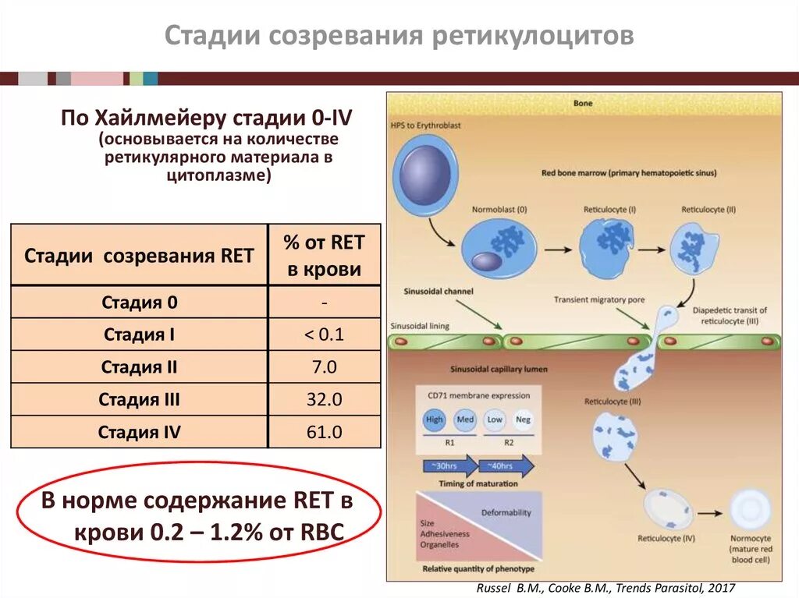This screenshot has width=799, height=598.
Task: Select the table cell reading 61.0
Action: click(324, 432)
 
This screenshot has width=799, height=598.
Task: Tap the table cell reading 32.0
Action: click(324, 400)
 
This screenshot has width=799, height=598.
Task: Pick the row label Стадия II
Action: click(139, 367)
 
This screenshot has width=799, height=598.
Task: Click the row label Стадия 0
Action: click(139, 303)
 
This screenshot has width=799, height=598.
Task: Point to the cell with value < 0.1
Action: click(324, 335)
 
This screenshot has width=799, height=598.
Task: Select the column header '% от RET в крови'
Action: click(324, 256)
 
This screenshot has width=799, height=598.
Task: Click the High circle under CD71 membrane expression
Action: click(434, 420)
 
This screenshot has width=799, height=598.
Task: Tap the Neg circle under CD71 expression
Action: click(524, 420)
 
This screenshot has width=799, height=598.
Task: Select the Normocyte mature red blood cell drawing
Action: click(751, 512)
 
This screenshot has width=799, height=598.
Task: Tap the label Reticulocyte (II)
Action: click(708, 211)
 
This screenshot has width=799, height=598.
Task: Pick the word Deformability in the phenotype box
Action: click(506, 512)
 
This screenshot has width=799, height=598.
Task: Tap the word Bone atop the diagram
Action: click(583, 103)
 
